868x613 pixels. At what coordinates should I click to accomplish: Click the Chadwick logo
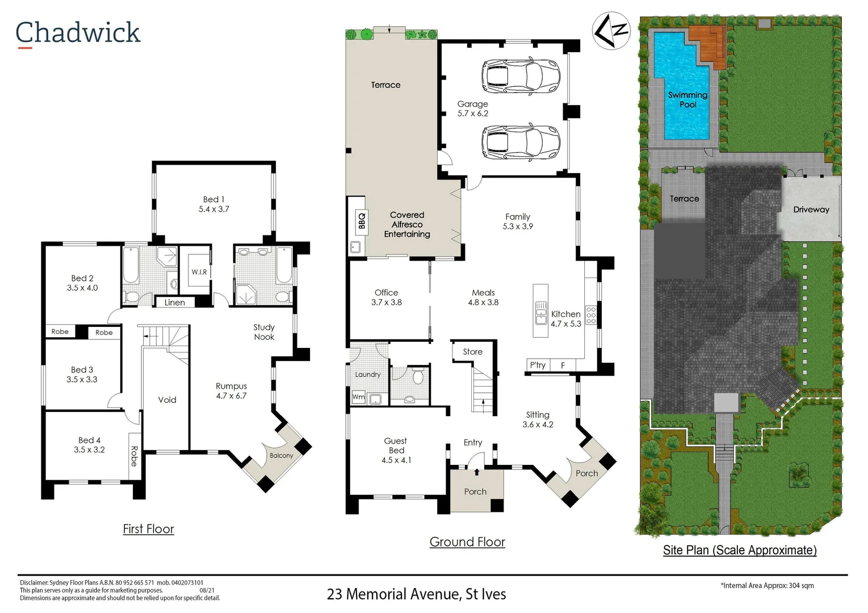tap(78, 33)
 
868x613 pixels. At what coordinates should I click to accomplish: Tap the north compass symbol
tap(611, 31)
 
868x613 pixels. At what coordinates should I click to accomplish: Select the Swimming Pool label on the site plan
tap(687, 99)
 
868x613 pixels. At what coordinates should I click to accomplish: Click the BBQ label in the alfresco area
tap(362, 220)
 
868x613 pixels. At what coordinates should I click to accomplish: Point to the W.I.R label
tap(199, 272)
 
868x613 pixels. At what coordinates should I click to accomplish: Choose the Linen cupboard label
tap(174, 302)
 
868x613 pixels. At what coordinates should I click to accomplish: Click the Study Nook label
tap(264, 332)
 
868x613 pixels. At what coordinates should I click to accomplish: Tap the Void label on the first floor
tap(167, 400)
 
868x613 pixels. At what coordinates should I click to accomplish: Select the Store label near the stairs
tap(473, 351)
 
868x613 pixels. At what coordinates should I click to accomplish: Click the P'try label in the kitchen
tap(538, 365)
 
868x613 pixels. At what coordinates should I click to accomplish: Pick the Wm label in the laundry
tap(358, 396)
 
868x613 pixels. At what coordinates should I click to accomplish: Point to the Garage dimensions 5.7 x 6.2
tap(473, 114)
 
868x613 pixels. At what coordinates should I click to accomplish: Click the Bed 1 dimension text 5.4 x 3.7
tap(214, 209)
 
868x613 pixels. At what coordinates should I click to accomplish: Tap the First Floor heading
tap(148, 529)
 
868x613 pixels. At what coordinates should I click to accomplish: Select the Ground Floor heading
tap(467, 541)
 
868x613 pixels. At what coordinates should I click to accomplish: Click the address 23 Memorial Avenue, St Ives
tap(417, 594)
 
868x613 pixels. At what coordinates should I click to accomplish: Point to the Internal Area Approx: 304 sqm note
tap(768, 586)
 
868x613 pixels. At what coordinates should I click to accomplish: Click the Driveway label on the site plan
tap(811, 209)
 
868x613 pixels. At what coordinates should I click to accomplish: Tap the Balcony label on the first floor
tap(282, 455)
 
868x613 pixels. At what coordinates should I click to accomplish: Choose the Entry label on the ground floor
tap(473, 443)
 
